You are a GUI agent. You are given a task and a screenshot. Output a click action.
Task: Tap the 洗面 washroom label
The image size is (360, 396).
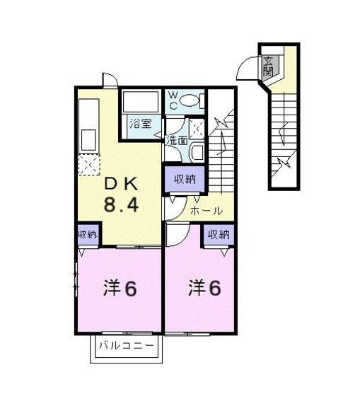tap(177, 140)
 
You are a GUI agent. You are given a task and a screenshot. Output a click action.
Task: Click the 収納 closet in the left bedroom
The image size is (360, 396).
tap(88, 234)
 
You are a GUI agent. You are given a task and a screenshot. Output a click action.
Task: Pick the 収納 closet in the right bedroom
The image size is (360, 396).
tap(218, 234)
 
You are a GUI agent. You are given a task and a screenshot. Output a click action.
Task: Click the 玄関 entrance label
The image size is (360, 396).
tap(269, 66)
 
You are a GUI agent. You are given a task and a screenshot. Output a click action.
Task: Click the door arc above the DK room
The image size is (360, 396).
tap(108, 80)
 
